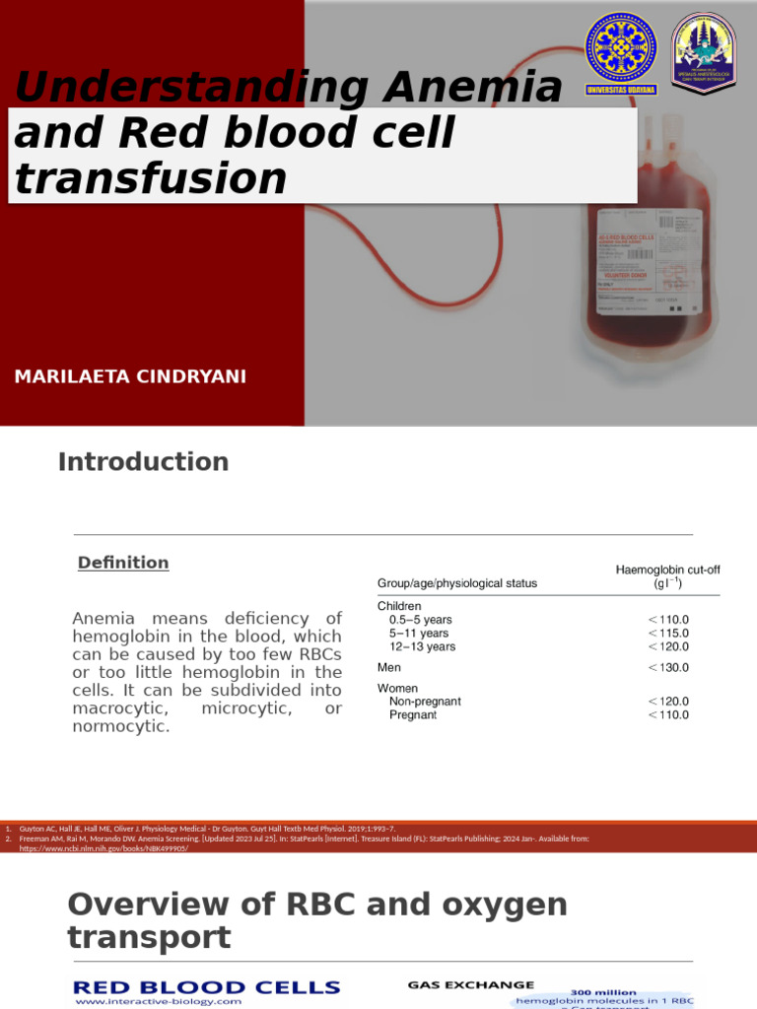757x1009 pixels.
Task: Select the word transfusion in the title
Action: click(151, 178)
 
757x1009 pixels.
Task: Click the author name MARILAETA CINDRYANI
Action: click(131, 377)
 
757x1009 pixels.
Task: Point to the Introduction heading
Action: click(143, 461)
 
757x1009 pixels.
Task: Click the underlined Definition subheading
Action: click(123, 563)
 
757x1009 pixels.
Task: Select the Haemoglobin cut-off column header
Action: click(667, 576)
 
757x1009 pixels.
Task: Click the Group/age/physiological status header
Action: click(457, 583)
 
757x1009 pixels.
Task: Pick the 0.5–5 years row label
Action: click(421, 620)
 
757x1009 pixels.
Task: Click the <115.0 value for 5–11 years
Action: click(667, 634)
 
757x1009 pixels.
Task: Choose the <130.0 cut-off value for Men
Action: click(667, 668)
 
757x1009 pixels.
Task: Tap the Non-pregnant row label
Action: click(425, 702)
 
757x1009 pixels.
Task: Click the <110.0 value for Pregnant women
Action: click(667, 715)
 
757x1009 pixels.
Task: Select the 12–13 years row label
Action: click(423, 647)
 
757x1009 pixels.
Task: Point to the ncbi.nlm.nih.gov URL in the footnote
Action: click(103, 847)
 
